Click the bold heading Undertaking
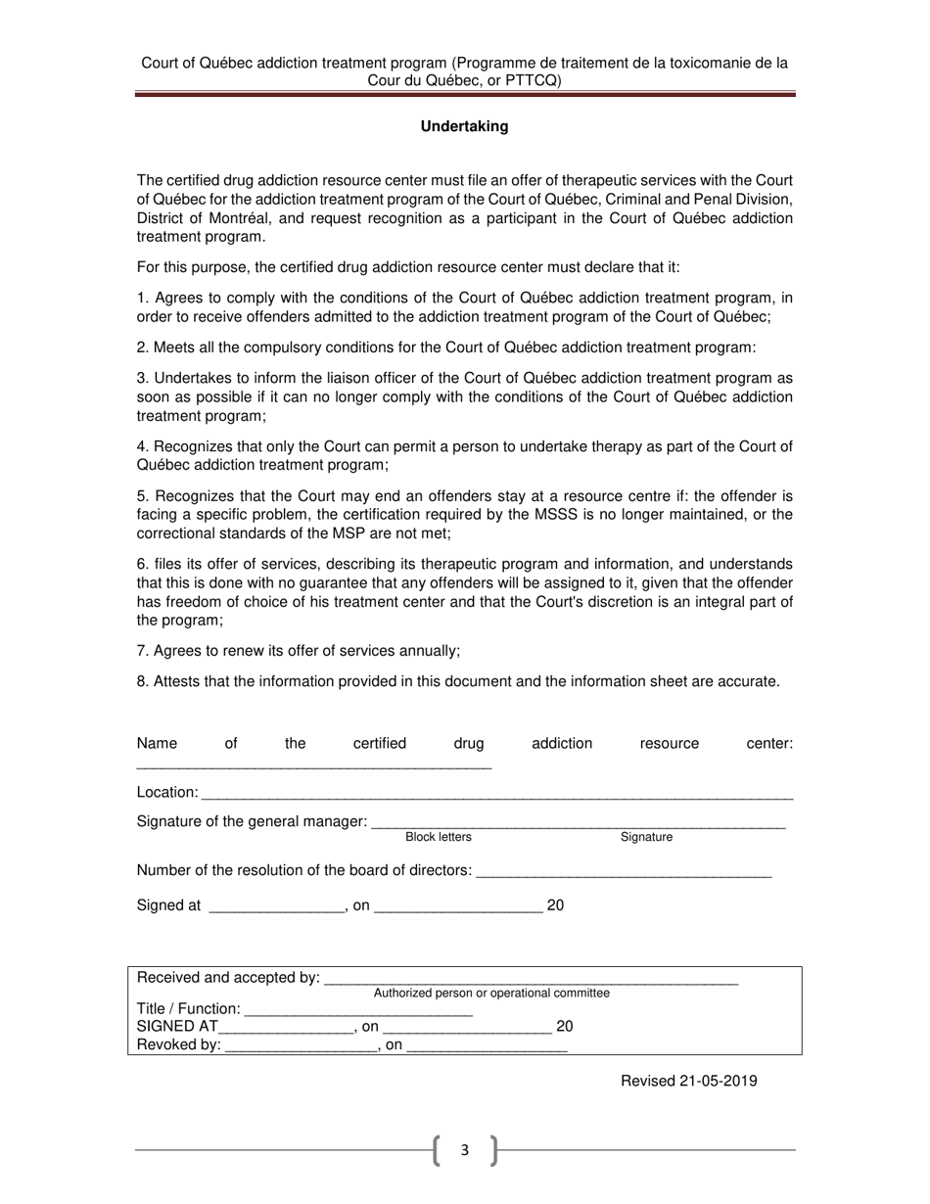click(464, 126)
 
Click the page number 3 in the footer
click(464, 1150)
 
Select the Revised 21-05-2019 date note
click(688, 1081)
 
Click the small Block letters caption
click(438, 837)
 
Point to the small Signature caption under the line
click(646, 837)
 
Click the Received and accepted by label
click(228, 977)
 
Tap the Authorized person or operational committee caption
click(491, 993)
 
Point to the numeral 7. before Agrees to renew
click(143, 651)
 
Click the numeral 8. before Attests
click(143, 681)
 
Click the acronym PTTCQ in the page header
click(526, 81)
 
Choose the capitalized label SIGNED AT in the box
click(177, 1027)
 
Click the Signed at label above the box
click(168, 905)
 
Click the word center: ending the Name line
click(769, 743)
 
